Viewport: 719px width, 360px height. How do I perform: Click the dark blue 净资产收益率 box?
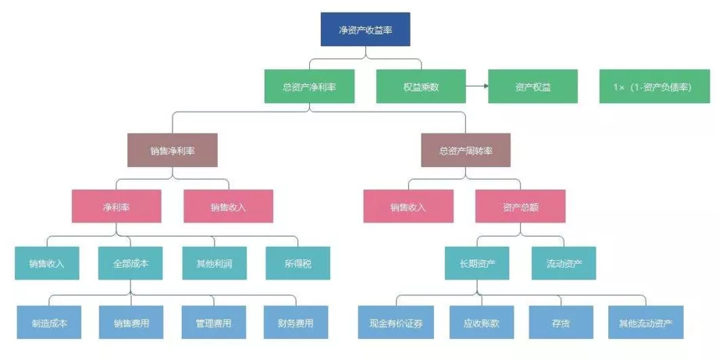(x=365, y=30)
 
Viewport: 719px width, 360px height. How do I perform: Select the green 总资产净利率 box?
(x=309, y=87)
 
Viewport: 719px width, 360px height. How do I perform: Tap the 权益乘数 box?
(x=421, y=87)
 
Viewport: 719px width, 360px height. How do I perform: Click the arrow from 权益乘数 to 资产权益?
(x=477, y=86)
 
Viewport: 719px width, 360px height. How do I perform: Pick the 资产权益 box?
(x=533, y=87)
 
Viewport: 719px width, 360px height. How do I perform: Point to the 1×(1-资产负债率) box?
(x=646, y=87)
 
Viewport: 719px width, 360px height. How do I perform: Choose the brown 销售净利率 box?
(x=172, y=150)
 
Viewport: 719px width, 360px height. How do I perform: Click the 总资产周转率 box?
(x=466, y=150)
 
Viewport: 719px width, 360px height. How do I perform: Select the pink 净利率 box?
(x=116, y=207)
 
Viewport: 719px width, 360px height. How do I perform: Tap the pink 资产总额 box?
(x=521, y=207)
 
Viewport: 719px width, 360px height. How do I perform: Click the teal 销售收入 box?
(x=47, y=263)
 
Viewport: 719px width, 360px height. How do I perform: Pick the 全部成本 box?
(x=131, y=263)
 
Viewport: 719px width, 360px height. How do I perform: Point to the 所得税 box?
(x=297, y=263)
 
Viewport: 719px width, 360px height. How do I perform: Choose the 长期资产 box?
(x=477, y=263)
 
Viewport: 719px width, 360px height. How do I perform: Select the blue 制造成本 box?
(x=49, y=323)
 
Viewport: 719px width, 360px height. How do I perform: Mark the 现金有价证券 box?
(x=396, y=323)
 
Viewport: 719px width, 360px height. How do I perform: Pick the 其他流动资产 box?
(x=646, y=323)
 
